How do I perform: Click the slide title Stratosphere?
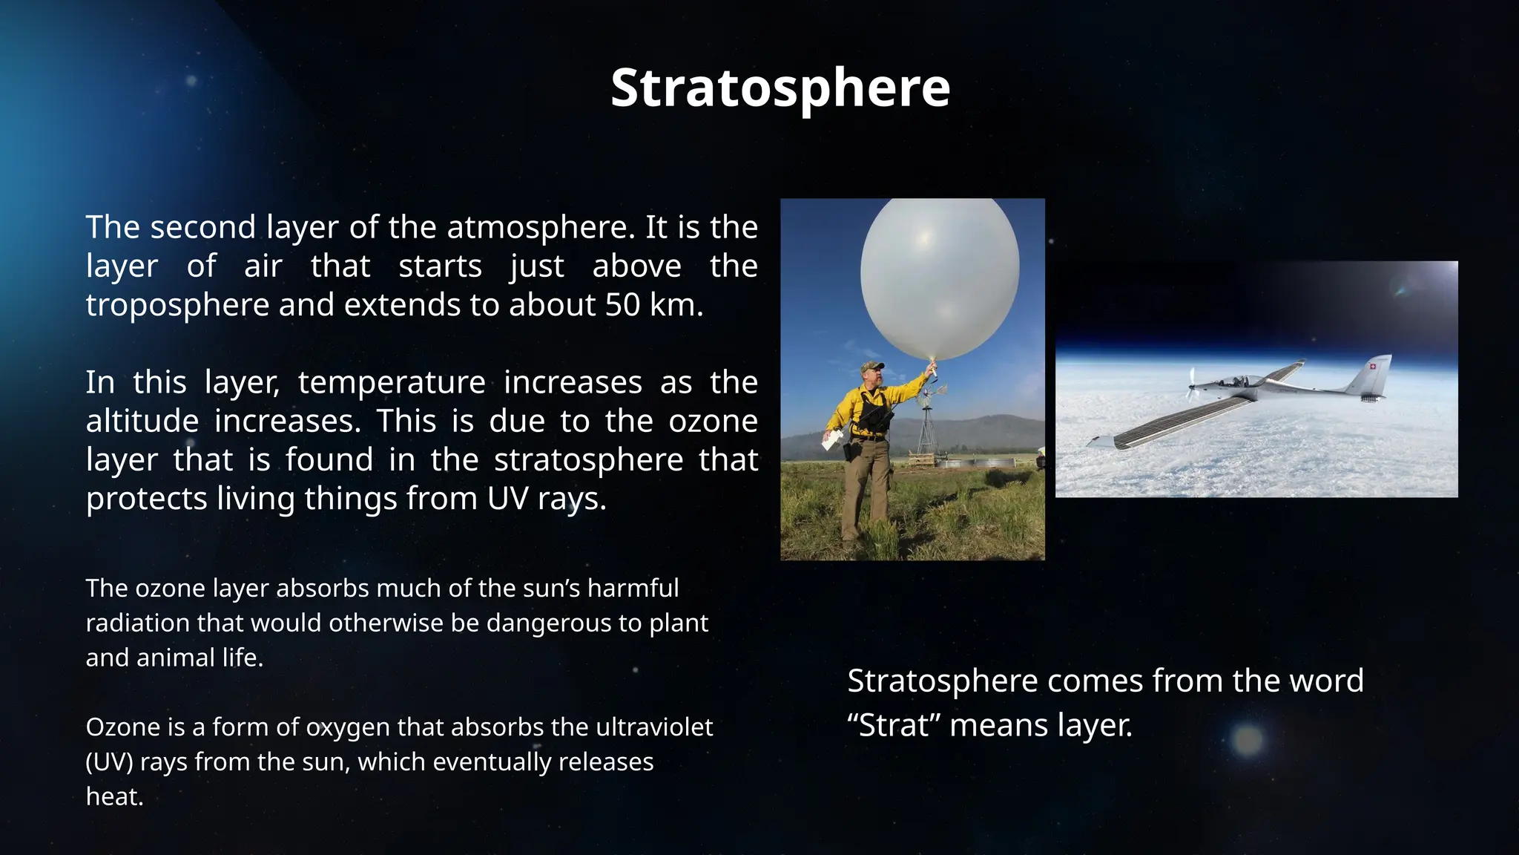click(780, 88)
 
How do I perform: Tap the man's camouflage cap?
click(873, 366)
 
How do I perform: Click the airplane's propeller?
click(1191, 385)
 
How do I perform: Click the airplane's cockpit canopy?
click(1235, 381)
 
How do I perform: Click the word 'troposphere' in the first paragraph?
click(177, 305)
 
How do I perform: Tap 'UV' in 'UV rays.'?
click(507, 499)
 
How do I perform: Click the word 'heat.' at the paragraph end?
click(114, 796)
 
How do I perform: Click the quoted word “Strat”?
click(894, 725)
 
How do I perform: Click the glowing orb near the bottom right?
click(1248, 740)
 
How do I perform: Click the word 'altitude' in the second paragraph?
click(142, 422)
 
